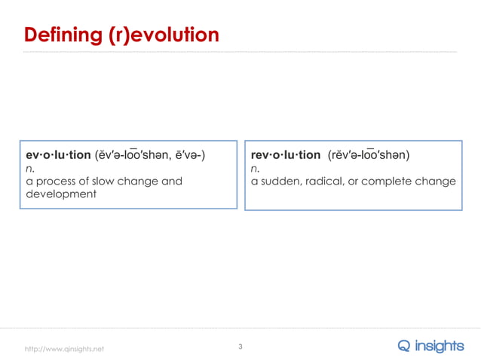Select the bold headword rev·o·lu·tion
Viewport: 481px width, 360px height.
286,155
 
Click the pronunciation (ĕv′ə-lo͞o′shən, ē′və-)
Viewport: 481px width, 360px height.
150,155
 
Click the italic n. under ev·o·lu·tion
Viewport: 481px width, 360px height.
30,169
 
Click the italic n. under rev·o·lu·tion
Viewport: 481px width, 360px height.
256,169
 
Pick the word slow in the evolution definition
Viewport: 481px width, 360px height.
107,182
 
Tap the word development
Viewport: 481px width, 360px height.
61,194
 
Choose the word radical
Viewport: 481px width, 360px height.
325,182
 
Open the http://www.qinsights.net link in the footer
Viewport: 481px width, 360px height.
65,349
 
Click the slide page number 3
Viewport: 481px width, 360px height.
240,346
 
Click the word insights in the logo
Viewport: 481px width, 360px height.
441,346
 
